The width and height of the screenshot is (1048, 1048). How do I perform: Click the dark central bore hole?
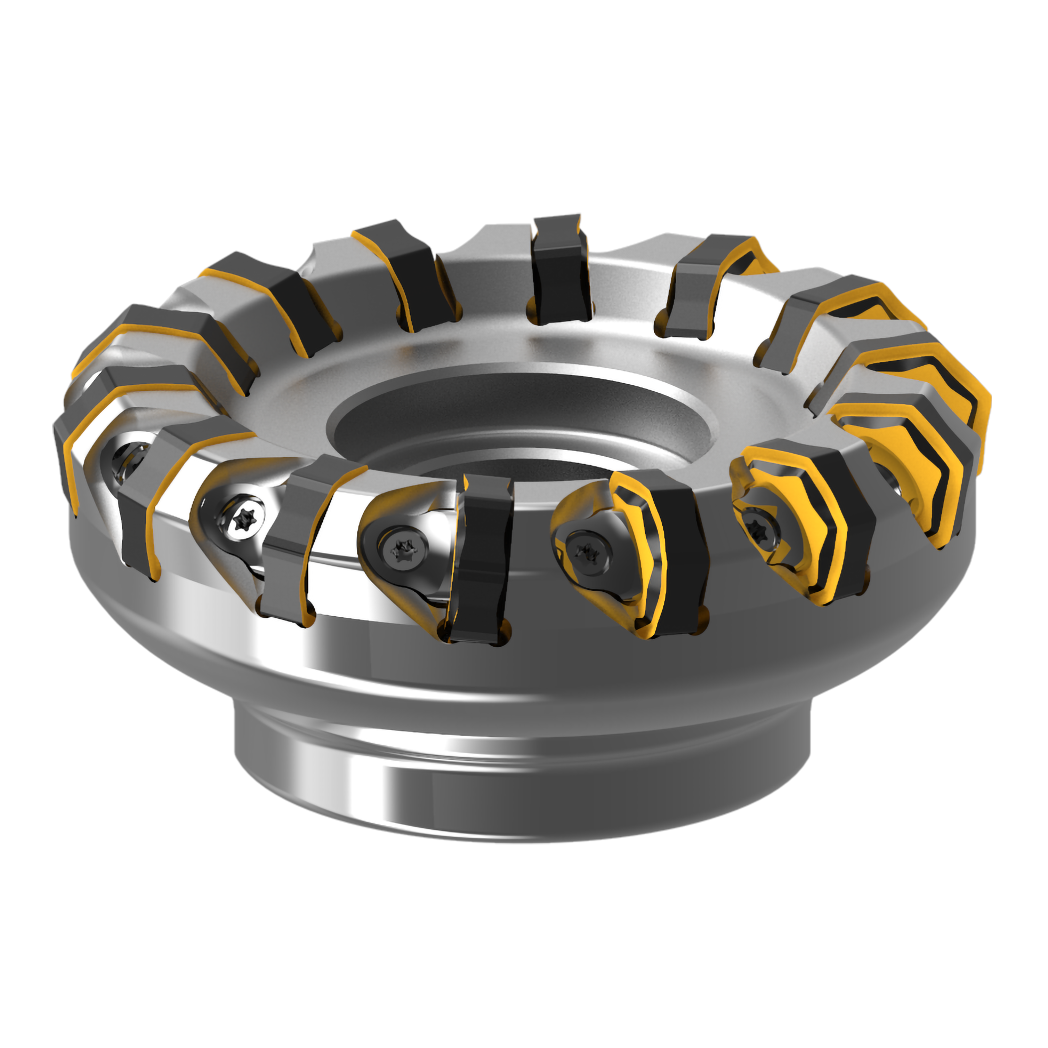click(x=521, y=429)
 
